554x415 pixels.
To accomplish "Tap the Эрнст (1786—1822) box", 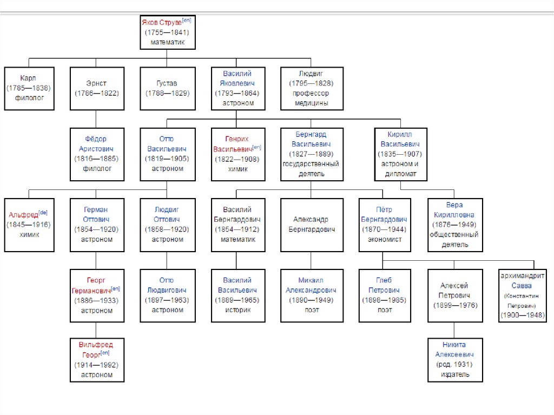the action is click(x=96, y=88).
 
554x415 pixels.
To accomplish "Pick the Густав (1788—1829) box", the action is click(x=167, y=88).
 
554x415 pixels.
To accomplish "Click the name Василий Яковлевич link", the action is click(x=237, y=78).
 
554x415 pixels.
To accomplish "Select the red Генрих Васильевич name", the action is click(x=236, y=143).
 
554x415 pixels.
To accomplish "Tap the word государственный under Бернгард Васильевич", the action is click(x=311, y=164).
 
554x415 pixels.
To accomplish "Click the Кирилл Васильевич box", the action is click(x=400, y=154).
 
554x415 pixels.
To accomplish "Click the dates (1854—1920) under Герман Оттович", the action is click(x=96, y=229).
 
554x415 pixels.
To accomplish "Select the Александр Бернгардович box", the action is click(x=311, y=225).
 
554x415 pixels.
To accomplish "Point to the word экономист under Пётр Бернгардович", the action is click(x=384, y=240).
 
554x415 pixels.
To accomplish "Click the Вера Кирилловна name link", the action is click(x=454, y=209).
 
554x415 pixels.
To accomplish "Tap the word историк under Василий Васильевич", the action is click(x=237, y=310).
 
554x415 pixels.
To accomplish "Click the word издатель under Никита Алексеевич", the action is click(x=454, y=374).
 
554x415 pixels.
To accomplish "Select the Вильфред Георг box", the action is click(x=96, y=359).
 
